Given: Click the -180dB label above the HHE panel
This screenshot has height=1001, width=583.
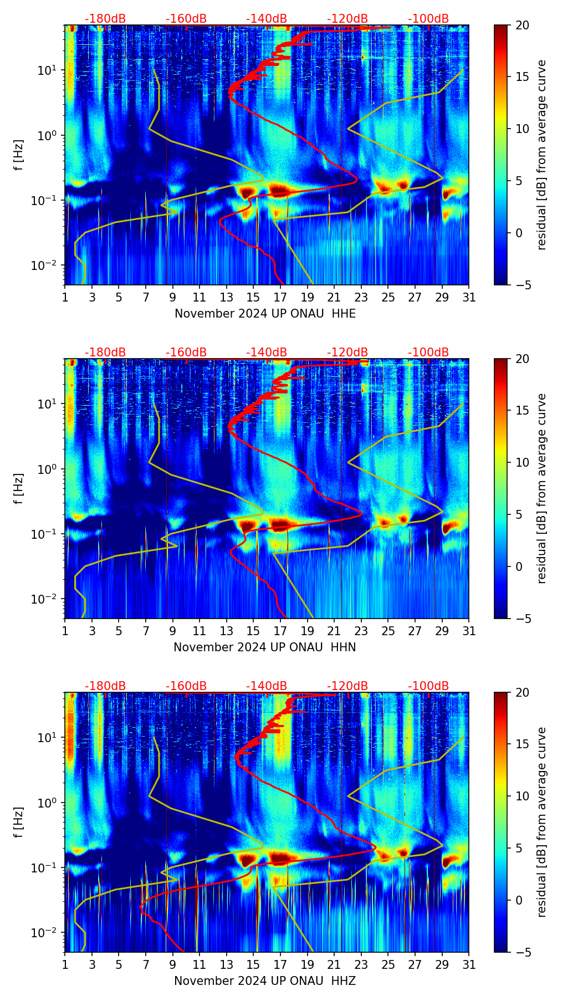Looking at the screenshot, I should pyautogui.click(x=105, y=19).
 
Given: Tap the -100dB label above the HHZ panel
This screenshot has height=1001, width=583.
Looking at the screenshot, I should pyautogui.click(x=428, y=686).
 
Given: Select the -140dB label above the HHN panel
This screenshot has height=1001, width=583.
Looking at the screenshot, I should pyautogui.click(x=267, y=353).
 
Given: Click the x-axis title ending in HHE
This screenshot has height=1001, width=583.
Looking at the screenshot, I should pyautogui.click(x=265, y=314).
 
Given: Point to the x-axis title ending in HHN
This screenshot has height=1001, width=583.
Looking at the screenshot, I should pyautogui.click(x=265, y=647).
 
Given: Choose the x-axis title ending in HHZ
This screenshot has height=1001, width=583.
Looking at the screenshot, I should pyautogui.click(x=265, y=981).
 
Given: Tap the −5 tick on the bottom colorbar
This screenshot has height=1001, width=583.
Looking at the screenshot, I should pyautogui.click(x=522, y=952).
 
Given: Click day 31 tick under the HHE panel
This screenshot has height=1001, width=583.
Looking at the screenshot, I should pyautogui.click(x=469, y=297).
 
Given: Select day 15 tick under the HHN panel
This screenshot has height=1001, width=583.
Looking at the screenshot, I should pyautogui.click(x=253, y=631).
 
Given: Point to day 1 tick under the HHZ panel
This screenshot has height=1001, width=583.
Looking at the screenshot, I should pyautogui.click(x=65, y=964).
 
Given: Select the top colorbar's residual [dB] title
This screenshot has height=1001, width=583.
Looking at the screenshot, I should pyautogui.click(x=541, y=155).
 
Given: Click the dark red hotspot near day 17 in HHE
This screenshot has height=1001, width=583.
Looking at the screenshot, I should pyautogui.click(x=280, y=191).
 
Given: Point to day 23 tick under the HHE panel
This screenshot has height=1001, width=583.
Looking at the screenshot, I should pyautogui.click(x=361, y=297).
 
